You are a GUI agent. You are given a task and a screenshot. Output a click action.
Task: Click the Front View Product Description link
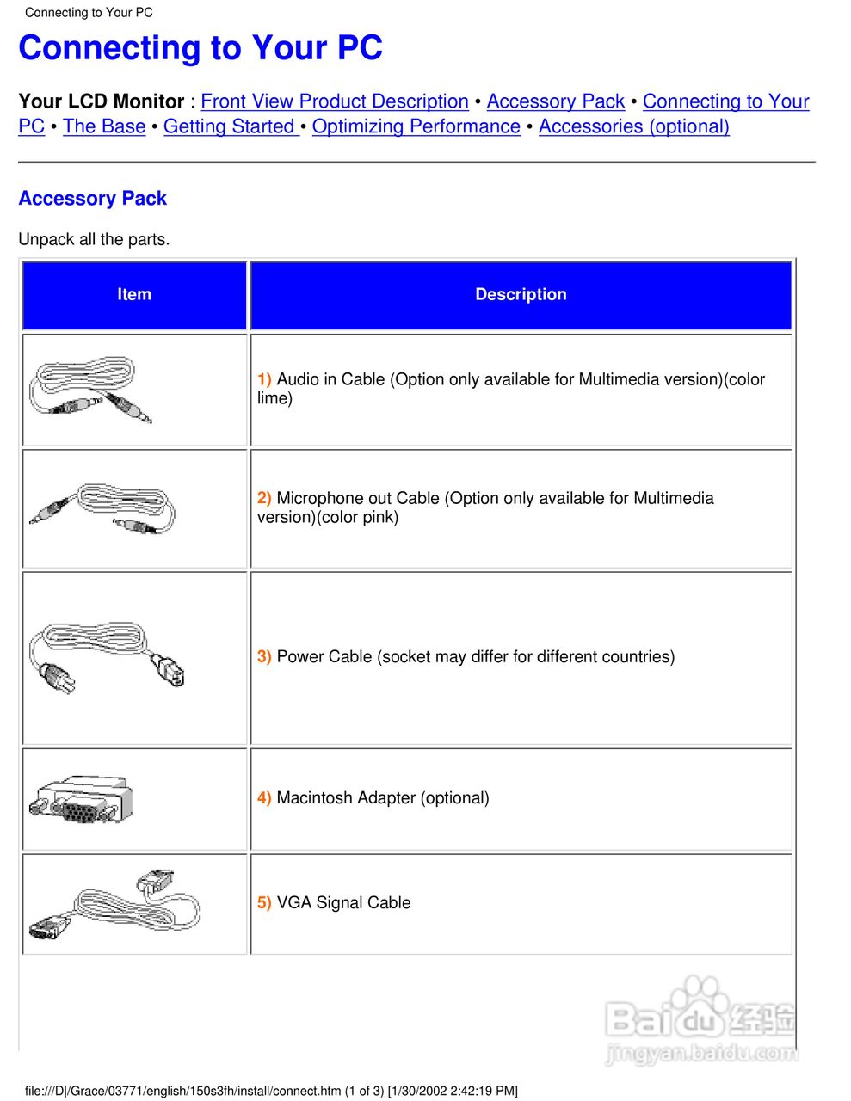point(334,101)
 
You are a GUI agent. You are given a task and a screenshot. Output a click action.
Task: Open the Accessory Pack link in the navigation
point(555,101)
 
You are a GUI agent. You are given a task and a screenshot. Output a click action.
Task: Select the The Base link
point(104,126)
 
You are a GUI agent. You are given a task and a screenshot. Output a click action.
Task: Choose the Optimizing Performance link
point(416,126)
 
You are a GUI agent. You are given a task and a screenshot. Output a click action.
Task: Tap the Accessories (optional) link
point(633,126)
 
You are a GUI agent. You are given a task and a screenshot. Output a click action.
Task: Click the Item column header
point(134,294)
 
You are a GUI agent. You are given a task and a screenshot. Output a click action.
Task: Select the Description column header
point(521,294)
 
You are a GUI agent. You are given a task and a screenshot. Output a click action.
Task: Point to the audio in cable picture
point(89,390)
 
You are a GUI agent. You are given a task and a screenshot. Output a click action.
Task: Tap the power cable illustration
point(106,657)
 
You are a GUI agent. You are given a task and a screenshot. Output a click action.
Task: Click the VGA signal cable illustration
point(114,904)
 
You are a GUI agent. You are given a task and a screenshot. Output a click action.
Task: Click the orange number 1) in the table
point(264,379)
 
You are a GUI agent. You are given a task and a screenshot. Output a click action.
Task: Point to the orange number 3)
point(264,657)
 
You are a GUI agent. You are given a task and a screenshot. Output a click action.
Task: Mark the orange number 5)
point(264,903)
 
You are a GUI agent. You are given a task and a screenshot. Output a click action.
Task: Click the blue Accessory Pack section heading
point(93,199)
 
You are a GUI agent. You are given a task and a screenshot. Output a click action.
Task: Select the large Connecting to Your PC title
point(200,48)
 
